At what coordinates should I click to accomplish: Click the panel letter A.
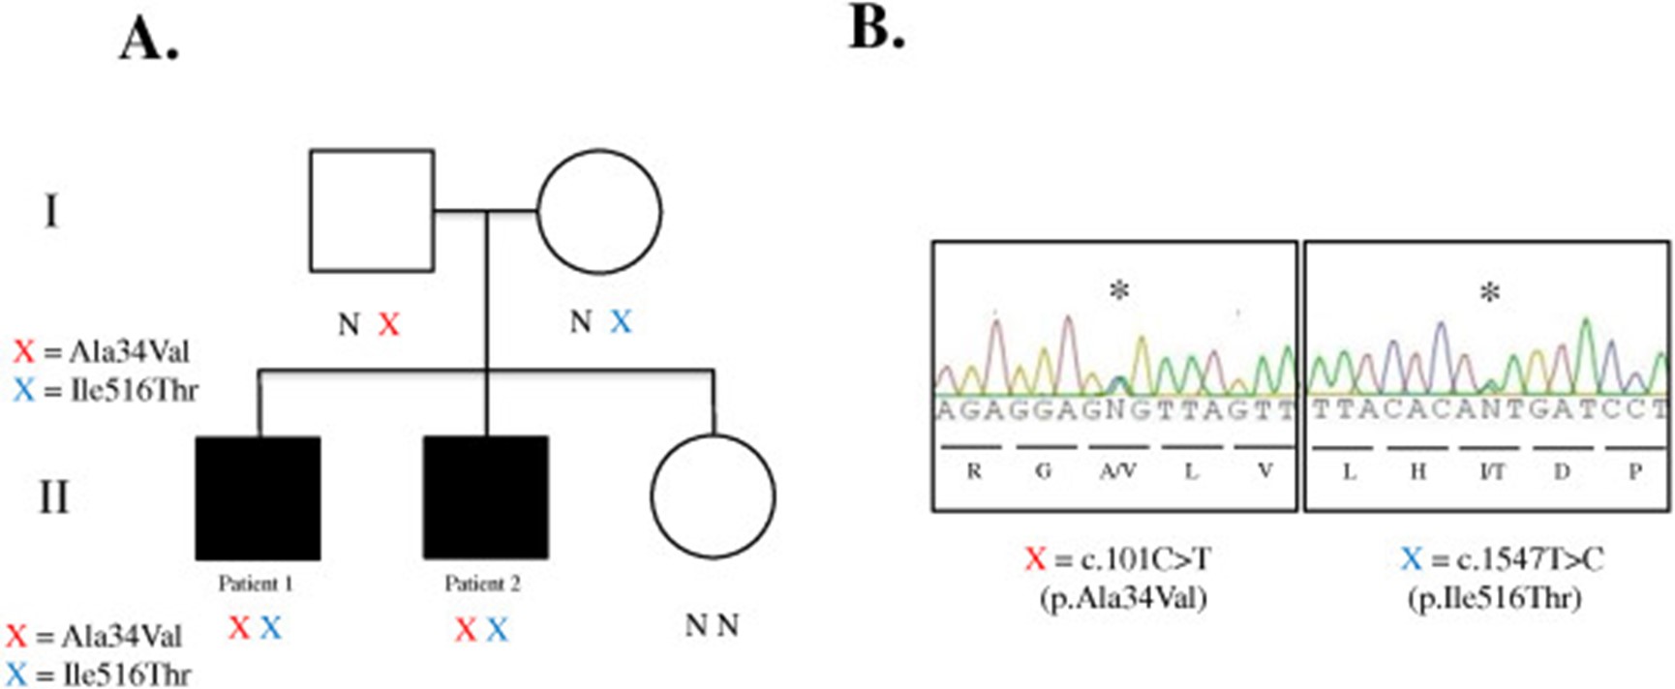click(149, 41)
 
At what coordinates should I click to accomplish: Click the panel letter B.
click(876, 28)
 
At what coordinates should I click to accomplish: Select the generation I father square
click(371, 210)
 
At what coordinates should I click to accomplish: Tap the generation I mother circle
click(599, 210)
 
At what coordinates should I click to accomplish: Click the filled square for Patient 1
click(258, 497)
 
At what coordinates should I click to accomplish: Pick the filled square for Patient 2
click(485, 497)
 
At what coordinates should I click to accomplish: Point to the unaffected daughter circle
click(713, 495)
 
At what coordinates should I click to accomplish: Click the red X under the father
click(388, 324)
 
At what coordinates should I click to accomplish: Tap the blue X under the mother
click(621, 322)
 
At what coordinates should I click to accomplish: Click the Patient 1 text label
click(256, 584)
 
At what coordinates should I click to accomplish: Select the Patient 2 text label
click(482, 584)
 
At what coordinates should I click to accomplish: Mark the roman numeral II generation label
click(53, 497)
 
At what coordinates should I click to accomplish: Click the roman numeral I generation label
click(50, 210)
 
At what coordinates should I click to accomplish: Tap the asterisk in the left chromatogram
click(1119, 290)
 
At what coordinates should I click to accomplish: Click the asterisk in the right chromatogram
click(1490, 292)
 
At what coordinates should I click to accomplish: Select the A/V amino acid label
click(1117, 471)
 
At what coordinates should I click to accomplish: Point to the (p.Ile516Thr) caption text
click(1494, 598)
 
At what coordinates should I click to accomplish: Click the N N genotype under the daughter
click(712, 626)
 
